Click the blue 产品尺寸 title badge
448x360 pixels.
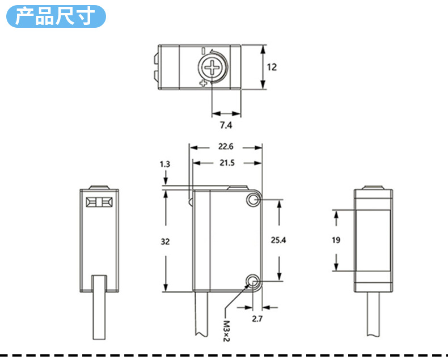[x=56, y=16]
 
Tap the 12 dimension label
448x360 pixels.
[x=272, y=67]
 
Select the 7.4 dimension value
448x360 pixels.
[x=226, y=125]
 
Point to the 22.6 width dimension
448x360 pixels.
[x=226, y=146]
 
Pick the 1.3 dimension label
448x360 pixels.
[x=165, y=164]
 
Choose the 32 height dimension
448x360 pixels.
[x=165, y=242]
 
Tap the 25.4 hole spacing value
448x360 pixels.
[x=278, y=240]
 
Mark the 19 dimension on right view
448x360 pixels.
[x=336, y=240]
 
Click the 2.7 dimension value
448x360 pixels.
[x=256, y=319]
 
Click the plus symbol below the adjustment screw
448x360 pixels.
[x=203, y=84]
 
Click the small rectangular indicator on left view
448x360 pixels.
[x=99, y=202]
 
